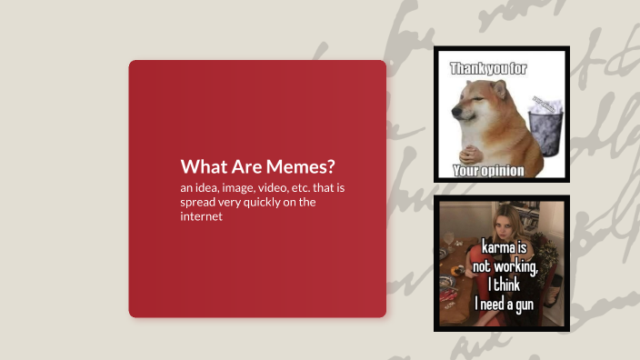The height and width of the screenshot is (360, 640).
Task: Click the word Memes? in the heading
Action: click(x=304, y=167)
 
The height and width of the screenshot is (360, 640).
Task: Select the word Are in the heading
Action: click(x=247, y=167)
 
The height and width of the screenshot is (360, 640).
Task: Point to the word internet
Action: click(x=202, y=217)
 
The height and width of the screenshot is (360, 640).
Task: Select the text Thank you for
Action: click(x=488, y=68)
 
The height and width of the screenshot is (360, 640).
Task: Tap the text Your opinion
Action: click(x=488, y=171)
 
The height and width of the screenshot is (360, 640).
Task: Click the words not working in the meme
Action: click(x=505, y=265)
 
